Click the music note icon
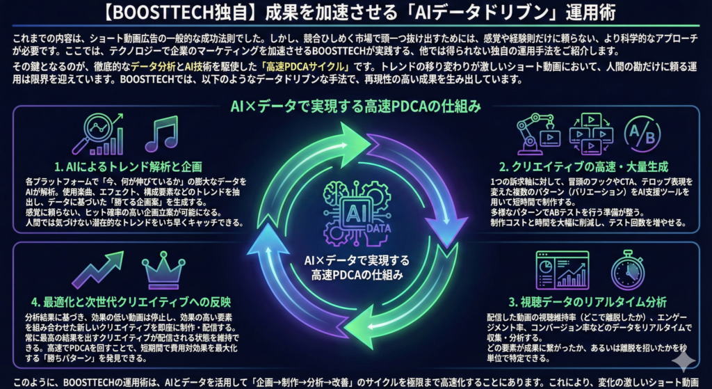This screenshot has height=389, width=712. (161, 133)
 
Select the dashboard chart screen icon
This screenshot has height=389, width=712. (562, 270)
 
